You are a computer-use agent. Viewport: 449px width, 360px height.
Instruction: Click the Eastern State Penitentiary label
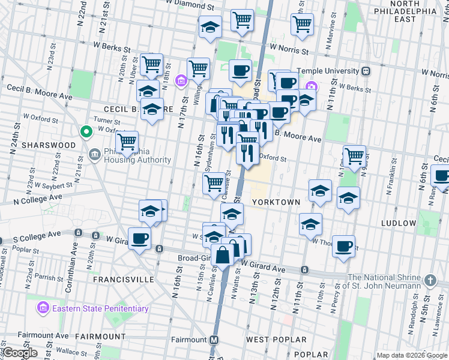point(100,308)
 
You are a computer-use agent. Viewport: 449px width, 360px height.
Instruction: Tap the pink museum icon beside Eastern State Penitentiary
point(43,308)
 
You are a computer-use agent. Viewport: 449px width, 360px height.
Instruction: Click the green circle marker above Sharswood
point(86,131)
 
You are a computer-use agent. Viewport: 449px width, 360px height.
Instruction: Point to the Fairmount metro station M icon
point(214,340)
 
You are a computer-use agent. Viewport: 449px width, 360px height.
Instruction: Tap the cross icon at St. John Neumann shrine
point(430,281)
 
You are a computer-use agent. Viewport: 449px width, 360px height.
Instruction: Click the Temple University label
point(330,71)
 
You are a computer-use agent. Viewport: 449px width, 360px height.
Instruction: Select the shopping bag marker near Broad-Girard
point(223,254)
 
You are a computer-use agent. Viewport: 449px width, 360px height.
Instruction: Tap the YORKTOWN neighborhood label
point(276,202)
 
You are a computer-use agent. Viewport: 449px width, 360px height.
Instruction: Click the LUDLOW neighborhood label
point(398,223)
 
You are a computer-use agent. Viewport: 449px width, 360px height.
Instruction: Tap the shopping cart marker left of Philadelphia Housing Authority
point(127,142)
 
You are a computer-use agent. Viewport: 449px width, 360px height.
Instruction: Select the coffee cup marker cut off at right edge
point(442,176)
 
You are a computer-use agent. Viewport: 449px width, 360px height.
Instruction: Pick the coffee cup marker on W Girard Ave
point(139,238)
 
